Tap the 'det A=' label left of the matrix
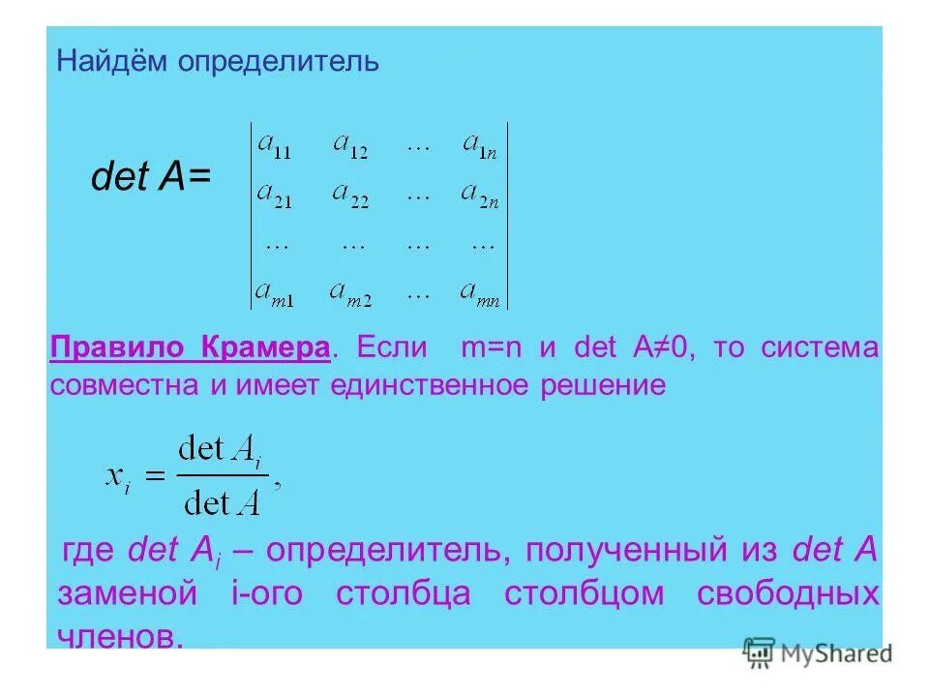tap(150, 177)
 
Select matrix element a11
tap(274, 145)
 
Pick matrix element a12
tap(349, 145)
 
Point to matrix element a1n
tap(480, 145)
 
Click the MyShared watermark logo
tap(817, 653)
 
